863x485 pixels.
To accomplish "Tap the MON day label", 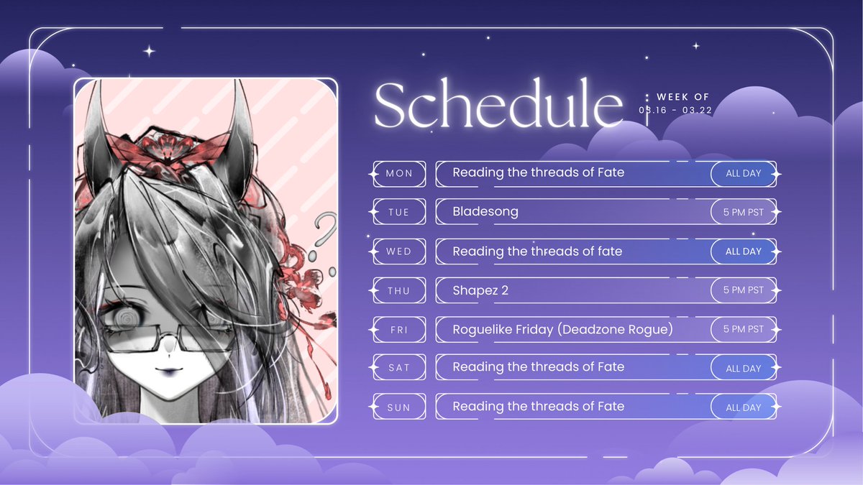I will (399, 173).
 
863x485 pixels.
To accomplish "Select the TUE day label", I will (399, 212).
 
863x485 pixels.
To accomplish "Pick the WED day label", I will (399, 251).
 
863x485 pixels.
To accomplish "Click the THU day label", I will (399, 290).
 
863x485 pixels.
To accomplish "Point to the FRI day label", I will (399, 329).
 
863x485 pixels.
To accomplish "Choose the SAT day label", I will (399, 368).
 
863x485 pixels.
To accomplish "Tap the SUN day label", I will (399, 407).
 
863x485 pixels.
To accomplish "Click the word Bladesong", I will (485, 212).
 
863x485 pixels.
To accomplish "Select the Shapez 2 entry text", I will (480, 290).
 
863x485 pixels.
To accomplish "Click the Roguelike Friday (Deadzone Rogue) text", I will (562, 329).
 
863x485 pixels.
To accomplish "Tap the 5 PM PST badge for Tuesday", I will (743, 212).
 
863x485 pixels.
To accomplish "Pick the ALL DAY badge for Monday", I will (743, 173).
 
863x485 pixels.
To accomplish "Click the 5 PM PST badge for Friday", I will (743, 329).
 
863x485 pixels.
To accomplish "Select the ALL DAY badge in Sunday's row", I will (743, 407).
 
